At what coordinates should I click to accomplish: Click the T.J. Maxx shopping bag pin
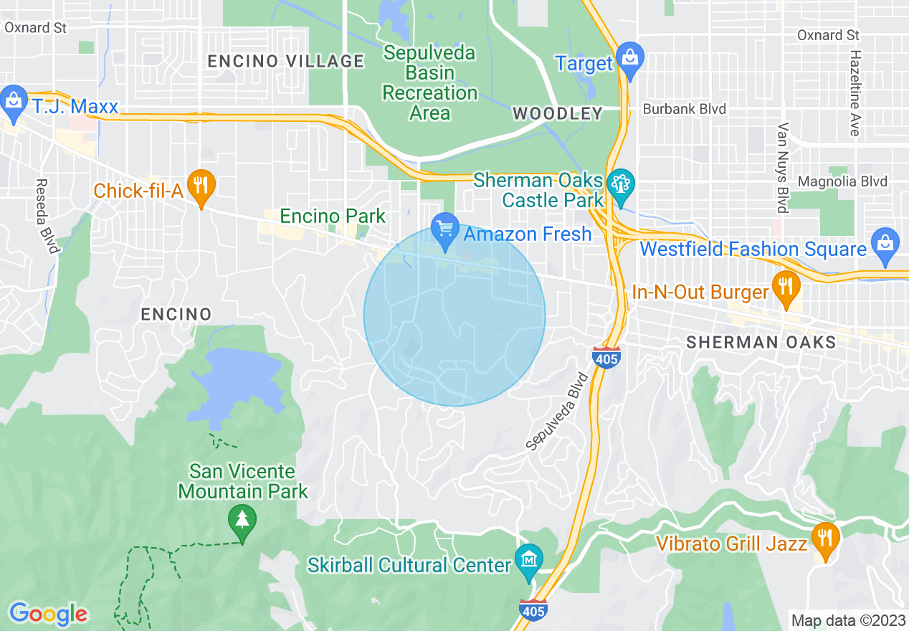(x=14, y=100)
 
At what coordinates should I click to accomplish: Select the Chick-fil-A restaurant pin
(x=201, y=186)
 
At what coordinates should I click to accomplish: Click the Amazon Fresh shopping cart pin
(x=444, y=229)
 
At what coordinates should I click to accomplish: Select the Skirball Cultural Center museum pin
(x=529, y=558)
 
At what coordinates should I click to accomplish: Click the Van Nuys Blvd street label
(x=782, y=167)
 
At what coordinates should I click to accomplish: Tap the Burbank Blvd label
(x=684, y=109)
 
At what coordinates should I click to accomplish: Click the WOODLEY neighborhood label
(x=557, y=113)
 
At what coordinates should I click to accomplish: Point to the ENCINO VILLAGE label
(x=285, y=62)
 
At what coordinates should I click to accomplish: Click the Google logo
(x=48, y=614)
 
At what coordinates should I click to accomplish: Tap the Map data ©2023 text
(x=846, y=620)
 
